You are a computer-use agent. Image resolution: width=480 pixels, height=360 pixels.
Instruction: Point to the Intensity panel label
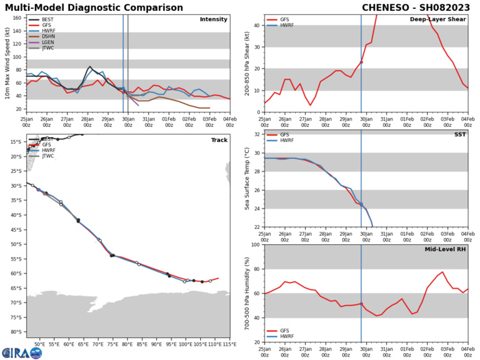coord(213,19)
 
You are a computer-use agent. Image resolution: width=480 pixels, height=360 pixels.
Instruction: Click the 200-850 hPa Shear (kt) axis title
coord(246,62)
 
